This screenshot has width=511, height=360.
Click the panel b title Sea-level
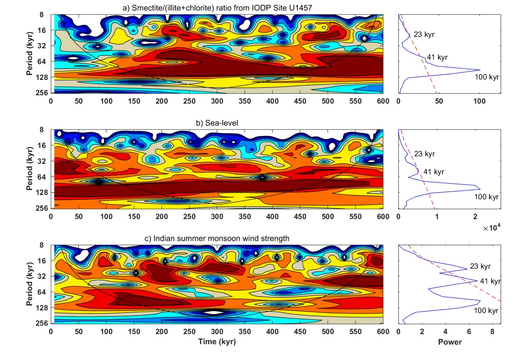coord(217,123)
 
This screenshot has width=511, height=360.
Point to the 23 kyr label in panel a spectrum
coord(424,33)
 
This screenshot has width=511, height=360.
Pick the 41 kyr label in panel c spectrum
coord(490,281)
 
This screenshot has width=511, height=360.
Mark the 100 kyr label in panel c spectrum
coord(486,310)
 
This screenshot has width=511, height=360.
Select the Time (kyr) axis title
coord(217,342)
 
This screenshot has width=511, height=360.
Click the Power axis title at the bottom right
coord(449,342)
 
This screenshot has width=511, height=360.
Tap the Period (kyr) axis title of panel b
coord(30,169)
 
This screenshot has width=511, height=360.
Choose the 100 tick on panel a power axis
coord(479,101)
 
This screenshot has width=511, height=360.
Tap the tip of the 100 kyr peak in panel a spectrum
coord(480,70)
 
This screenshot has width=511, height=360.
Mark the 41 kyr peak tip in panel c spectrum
coord(477,280)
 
